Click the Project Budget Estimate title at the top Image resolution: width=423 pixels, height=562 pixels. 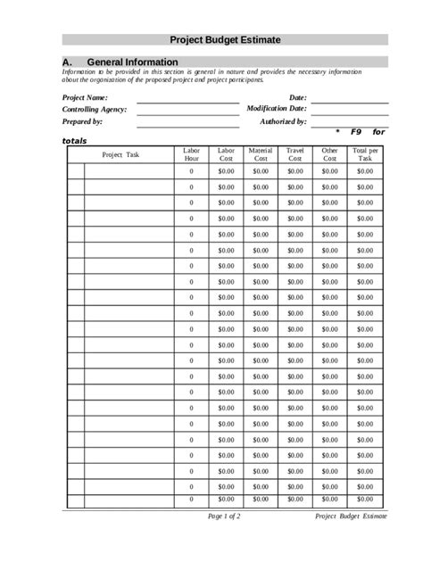coord(225,40)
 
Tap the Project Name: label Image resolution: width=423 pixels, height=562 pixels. coord(85,97)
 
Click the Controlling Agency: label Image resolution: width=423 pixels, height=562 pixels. coord(94,109)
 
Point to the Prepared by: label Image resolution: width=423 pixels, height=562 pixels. coord(82,120)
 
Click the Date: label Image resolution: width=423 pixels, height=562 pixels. coord(297,97)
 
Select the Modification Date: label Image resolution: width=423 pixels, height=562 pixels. coord(277,109)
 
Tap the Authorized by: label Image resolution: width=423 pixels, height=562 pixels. coord(283,120)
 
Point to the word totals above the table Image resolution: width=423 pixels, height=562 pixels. coord(75,141)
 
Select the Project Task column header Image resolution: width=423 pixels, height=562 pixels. coord(120,154)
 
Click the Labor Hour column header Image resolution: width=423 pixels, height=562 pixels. coord(191,154)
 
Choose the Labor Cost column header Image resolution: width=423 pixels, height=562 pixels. coord(226,154)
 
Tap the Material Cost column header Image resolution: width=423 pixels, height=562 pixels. coord(260,154)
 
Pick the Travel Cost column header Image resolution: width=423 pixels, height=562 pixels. coord(294,154)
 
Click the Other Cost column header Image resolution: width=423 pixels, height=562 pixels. coord(330,154)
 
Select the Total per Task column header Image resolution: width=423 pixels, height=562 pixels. coord(366,154)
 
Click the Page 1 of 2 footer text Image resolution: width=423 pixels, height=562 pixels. coord(224,517)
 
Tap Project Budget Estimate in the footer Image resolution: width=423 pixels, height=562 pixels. coord(352,517)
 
